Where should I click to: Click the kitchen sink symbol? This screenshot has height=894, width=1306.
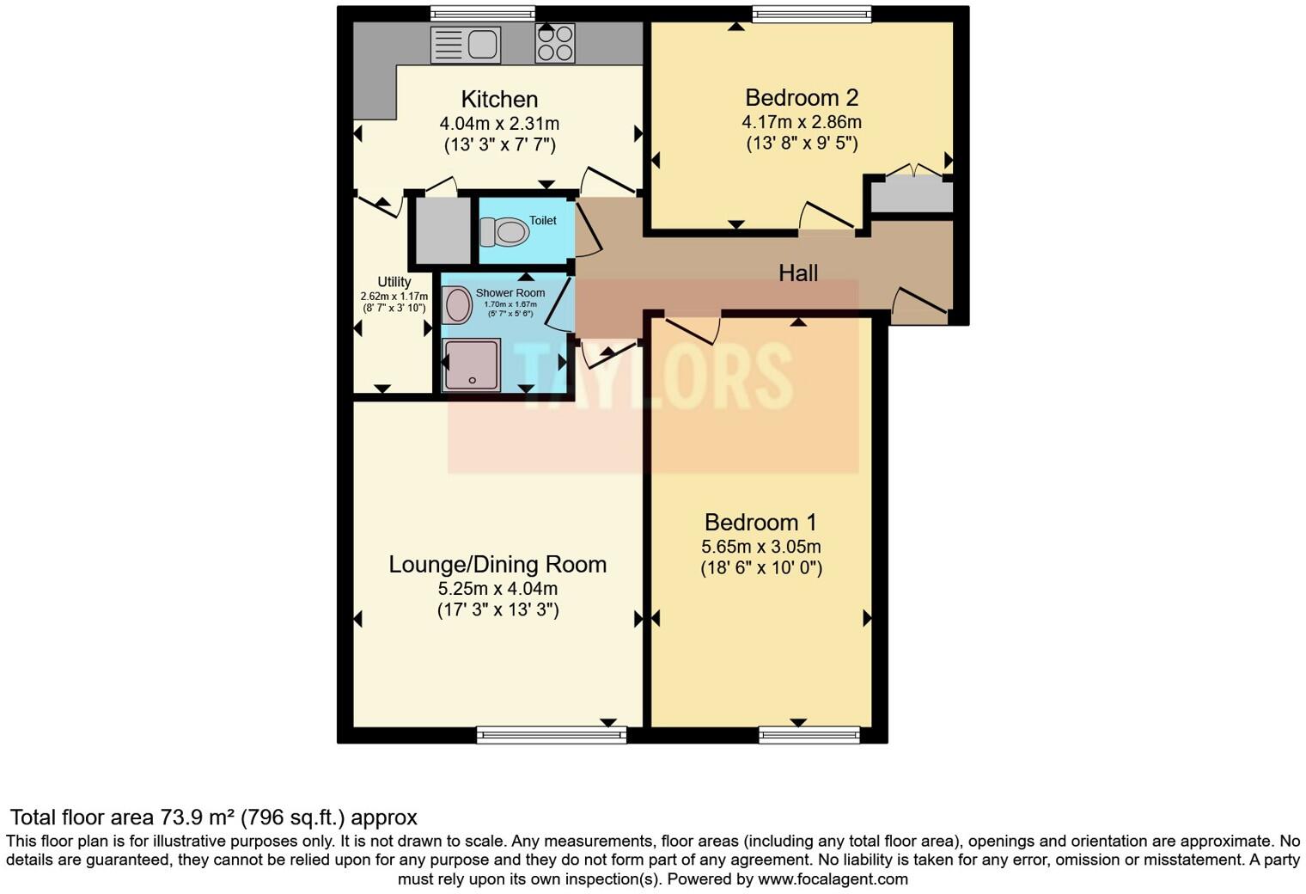tap(465, 44)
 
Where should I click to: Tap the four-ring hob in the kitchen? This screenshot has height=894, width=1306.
tap(555, 43)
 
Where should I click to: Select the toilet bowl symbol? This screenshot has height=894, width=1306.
tap(505, 232)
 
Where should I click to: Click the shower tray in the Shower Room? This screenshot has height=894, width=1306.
tap(471, 365)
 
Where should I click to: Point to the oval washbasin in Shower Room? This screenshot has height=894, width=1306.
tap(457, 305)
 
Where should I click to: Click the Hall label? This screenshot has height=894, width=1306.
tap(797, 273)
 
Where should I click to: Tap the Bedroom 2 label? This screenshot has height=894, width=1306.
tap(801, 98)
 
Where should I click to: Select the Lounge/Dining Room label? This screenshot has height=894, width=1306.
tap(497, 565)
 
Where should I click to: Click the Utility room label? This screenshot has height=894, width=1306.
tap(394, 282)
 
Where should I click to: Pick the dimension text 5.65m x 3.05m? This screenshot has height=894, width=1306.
tap(760, 547)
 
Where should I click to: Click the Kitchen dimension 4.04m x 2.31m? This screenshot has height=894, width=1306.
tap(499, 124)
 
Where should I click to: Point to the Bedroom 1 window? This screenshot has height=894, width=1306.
tap(809, 734)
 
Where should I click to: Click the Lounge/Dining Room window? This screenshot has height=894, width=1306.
tap(552, 734)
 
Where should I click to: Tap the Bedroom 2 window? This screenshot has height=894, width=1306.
tap(811, 14)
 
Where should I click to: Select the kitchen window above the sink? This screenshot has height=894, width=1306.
tap(482, 14)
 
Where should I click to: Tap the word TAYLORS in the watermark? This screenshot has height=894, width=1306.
tap(653, 376)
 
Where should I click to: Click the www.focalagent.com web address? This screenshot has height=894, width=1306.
tap(833, 879)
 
